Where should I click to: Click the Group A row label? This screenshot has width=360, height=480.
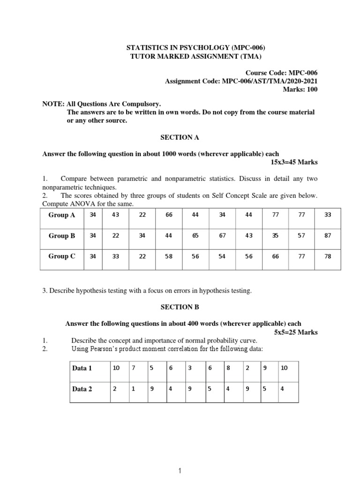[62, 215]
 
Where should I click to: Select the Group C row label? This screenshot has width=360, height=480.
[62, 256]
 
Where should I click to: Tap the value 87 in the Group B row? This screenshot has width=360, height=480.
[328, 236]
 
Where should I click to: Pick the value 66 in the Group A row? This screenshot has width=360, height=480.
[169, 215]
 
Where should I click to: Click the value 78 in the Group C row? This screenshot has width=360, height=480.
[328, 256]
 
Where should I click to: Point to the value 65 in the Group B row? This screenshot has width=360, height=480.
[195, 236]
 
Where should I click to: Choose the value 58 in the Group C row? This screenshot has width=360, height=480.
[169, 256]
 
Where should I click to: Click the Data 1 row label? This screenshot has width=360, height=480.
[82, 368]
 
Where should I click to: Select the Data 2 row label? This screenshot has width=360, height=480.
[82, 389]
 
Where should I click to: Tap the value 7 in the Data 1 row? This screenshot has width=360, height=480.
[134, 368]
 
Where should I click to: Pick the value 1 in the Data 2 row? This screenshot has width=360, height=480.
[134, 389]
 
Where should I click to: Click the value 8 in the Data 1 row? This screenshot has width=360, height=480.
[228, 368]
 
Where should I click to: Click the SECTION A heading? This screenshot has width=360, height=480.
[180, 137]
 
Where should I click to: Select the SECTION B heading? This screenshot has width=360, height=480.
[180, 307]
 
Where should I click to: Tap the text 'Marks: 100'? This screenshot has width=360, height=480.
[300, 89]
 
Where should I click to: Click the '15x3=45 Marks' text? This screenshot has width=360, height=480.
[294, 162]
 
